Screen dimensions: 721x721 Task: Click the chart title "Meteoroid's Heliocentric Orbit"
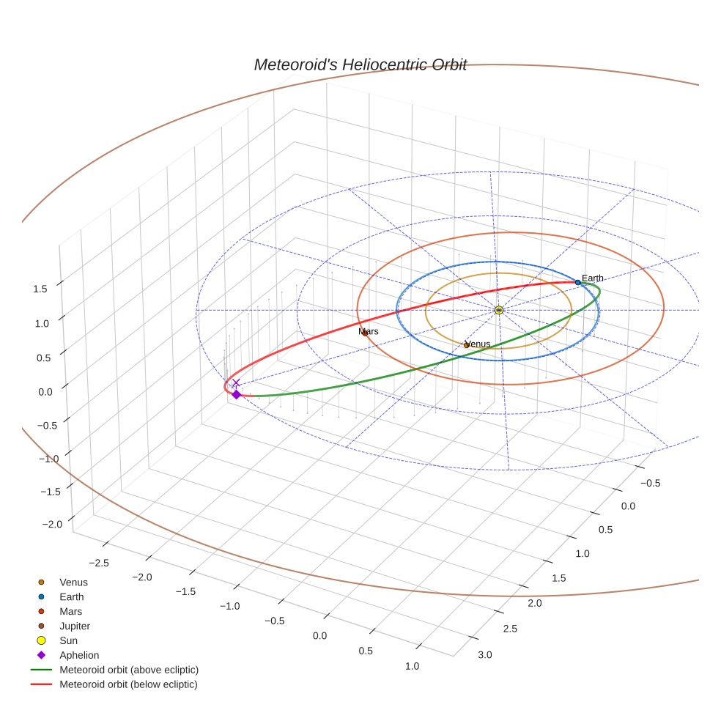click(x=360, y=64)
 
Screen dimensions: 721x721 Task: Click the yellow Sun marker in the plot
click(x=498, y=310)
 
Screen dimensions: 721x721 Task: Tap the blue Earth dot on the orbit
click(x=577, y=282)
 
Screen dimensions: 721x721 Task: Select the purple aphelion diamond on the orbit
click(x=236, y=394)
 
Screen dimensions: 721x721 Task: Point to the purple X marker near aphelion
click(x=235, y=382)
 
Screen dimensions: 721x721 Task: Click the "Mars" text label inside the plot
click(x=369, y=332)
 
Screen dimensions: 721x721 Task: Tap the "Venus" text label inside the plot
click(x=478, y=344)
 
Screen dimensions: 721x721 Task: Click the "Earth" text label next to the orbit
click(x=593, y=278)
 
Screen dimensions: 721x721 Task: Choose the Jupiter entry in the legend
click(x=75, y=626)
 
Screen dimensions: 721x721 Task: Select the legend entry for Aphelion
click(x=79, y=655)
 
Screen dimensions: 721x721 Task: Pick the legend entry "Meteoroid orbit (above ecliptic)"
click(x=129, y=670)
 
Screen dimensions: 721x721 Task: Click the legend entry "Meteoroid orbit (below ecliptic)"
click(x=128, y=684)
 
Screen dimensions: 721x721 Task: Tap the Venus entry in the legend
click(x=73, y=583)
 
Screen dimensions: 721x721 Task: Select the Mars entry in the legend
click(x=70, y=611)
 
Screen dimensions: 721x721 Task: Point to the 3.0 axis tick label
click(x=485, y=654)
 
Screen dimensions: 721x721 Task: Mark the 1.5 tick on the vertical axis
click(x=40, y=289)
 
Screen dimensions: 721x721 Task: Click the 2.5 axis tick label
click(x=509, y=629)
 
